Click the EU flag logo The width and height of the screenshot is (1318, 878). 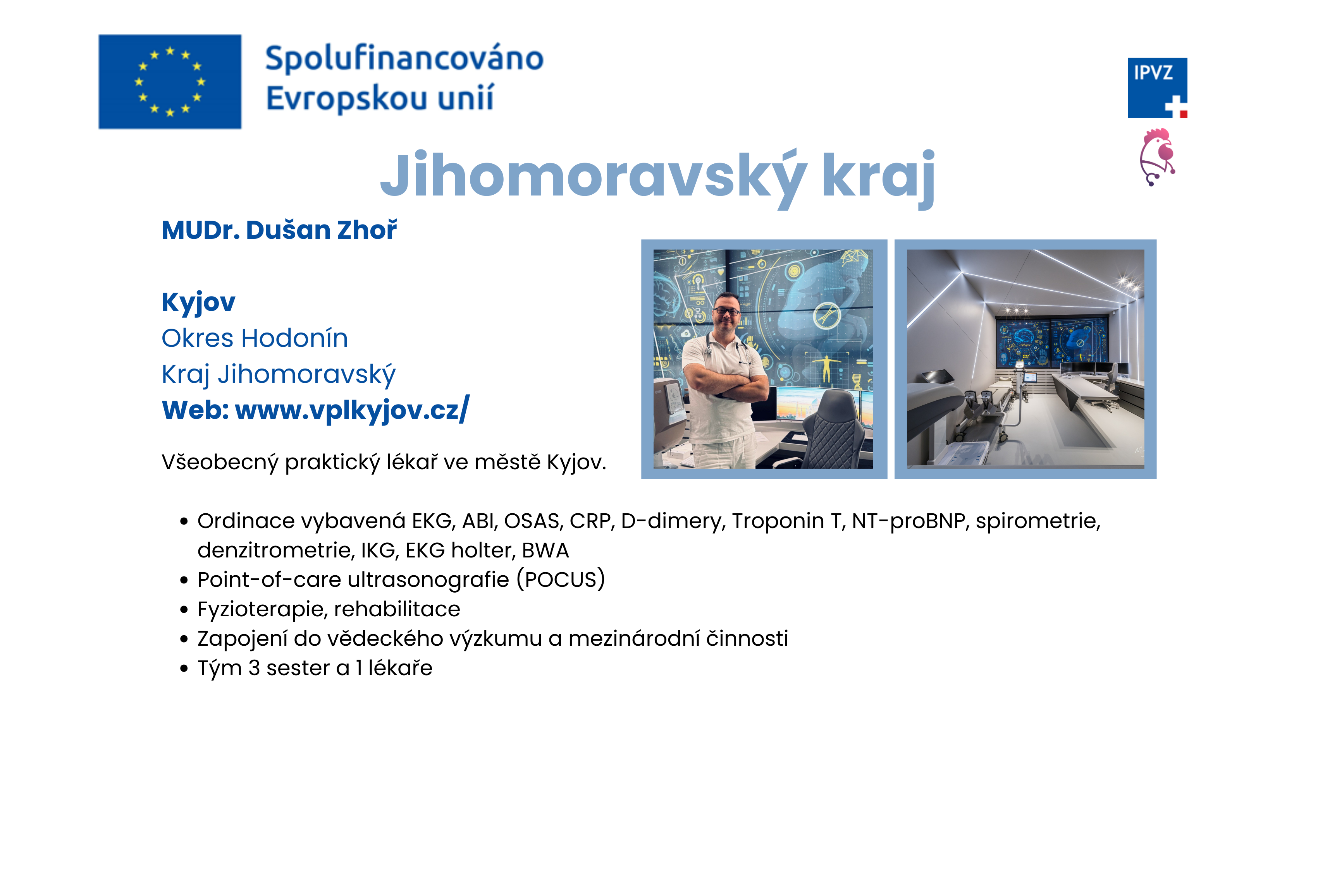[170, 82]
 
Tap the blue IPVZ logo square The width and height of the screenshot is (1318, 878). [1157, 88]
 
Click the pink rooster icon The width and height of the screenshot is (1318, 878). [1157, 157]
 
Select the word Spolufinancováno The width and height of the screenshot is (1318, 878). [404, 59]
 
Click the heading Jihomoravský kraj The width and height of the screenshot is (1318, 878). [657, 177]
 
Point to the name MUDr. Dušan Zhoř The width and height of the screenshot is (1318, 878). [279, 230]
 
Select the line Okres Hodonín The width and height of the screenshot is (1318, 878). [255, 338]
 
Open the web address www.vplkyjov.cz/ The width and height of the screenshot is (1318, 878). [352, 410]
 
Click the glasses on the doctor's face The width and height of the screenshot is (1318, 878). [727, 311]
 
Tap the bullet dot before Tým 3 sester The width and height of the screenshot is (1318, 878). [184, 669]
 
